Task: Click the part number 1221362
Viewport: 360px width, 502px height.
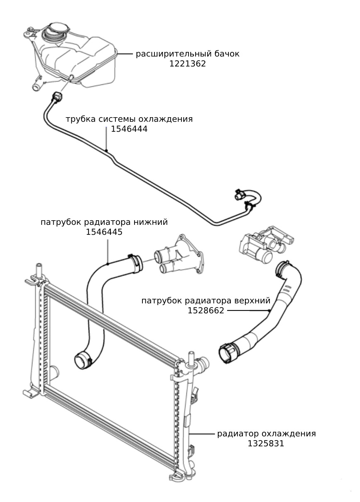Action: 187,64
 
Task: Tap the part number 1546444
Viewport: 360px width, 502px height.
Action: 129,129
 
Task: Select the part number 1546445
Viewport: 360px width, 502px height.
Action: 104,232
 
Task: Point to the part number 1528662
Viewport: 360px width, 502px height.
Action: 206,310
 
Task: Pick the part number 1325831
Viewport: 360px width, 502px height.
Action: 266,443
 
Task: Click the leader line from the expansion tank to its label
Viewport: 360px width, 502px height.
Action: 125,54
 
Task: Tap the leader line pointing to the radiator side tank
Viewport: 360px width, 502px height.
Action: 201,434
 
